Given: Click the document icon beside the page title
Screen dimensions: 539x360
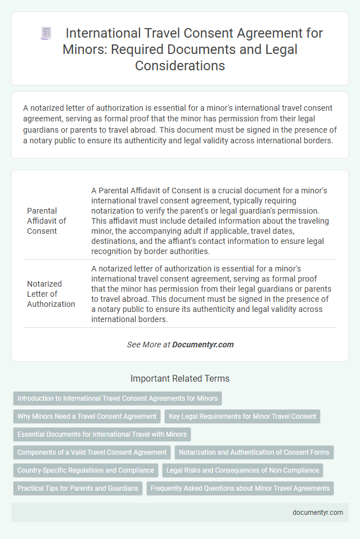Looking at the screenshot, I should tap(46, 34).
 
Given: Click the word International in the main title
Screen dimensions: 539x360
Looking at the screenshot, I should tap(98, 33).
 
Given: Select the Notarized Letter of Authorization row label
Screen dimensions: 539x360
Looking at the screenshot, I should tap(51, 294).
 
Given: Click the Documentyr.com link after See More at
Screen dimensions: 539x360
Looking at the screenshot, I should tap(203, 345).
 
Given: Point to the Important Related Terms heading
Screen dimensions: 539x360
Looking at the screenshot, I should tap(179, 379).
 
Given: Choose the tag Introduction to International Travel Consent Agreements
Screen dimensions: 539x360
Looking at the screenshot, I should tap(118, 398).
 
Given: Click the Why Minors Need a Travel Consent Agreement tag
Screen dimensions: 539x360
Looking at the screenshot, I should tap(87, 416).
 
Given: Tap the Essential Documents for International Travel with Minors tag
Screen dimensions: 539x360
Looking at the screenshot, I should tap(102, 434).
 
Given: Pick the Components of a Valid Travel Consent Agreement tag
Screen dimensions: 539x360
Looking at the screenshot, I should tap(92, 452).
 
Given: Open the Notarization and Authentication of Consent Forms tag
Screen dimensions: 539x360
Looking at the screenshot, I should tap(254, 452).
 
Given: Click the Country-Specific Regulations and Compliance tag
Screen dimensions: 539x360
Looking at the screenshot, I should tap(85, 470).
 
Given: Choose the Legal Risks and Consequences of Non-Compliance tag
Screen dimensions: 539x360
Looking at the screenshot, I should tap(242, 470).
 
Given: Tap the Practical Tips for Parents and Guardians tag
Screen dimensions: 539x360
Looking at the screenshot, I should tap(78, 488).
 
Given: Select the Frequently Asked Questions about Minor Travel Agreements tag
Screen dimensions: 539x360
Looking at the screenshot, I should tap(240, 488).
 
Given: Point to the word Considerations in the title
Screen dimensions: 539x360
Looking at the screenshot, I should tap(179, 65).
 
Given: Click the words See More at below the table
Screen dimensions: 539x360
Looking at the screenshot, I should tap(148, 345).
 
